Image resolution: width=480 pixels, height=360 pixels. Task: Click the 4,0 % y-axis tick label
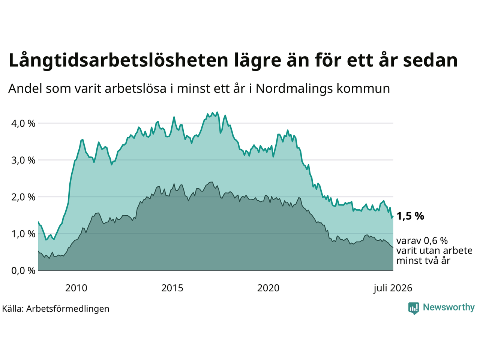23,123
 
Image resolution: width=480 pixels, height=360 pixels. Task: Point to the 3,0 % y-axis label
23,160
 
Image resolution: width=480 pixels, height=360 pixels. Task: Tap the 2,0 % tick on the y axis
23,197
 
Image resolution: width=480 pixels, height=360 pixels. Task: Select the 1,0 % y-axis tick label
23,234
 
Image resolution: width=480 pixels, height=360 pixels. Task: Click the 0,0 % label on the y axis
23,271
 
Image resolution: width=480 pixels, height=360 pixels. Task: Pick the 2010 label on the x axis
76,288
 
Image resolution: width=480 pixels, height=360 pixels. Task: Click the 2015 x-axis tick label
172,288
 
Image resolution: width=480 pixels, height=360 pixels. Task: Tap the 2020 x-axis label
268,288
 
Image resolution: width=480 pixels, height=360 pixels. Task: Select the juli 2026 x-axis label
393,288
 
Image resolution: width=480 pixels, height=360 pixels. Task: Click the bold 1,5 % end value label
410,216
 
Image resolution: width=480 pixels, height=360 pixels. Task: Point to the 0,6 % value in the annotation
436,241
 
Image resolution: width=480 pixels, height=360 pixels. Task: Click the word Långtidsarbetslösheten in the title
118,60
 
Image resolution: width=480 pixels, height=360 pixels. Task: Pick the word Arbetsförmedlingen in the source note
68,309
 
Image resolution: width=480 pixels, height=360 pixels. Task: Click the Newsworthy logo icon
414,308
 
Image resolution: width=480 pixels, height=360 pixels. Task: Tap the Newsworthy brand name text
449,307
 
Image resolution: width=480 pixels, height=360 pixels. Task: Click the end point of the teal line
393,216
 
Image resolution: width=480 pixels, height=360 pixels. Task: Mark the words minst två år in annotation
423,261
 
